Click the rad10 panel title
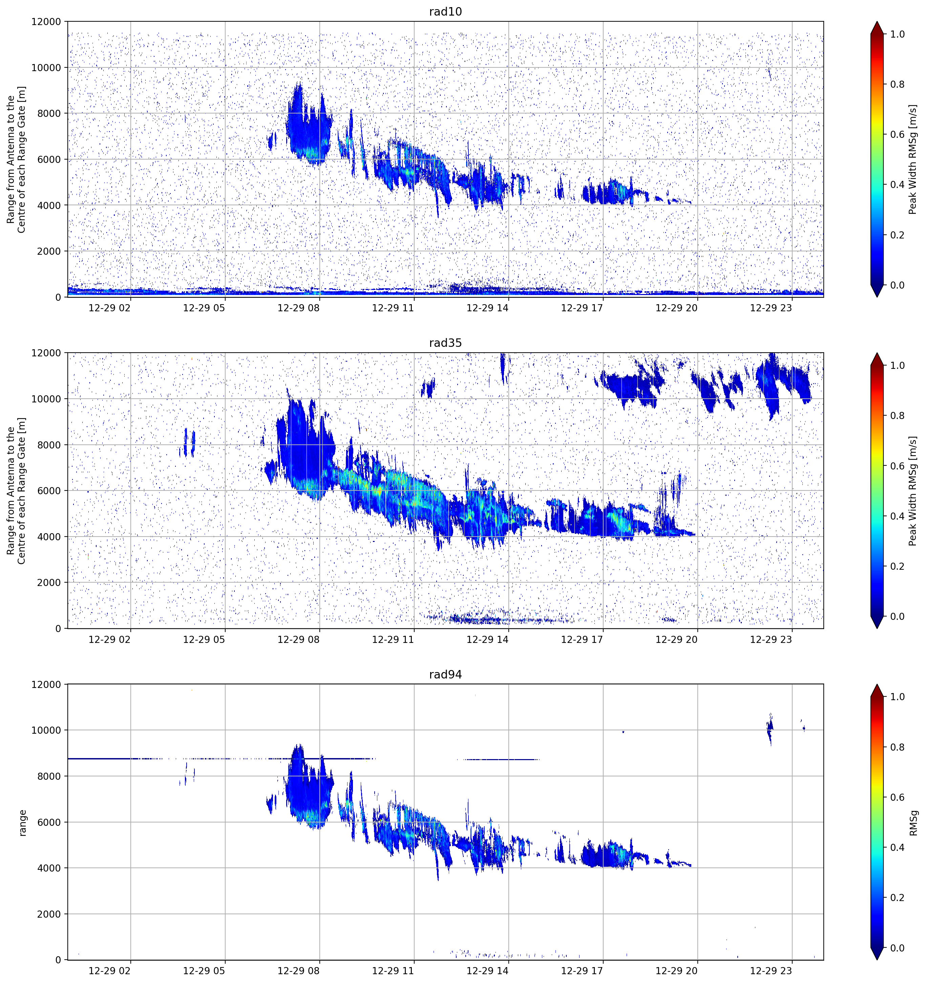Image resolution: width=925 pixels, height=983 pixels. (445, 12)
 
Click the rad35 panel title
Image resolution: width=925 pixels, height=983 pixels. (445, 343)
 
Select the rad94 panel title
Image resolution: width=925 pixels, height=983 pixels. (445, 674)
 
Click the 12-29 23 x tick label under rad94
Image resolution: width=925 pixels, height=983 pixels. (771, 971)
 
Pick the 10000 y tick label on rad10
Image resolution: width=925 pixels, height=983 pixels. (46, 68)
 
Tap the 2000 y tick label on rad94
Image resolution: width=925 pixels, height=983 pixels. (49, 914)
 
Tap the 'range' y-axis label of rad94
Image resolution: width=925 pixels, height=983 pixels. (22, 823)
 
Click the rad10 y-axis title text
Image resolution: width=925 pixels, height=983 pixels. (16, 159)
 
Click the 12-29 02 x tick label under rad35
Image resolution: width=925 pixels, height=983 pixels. (109, 639)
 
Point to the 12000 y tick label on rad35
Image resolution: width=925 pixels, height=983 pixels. (46, 353)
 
